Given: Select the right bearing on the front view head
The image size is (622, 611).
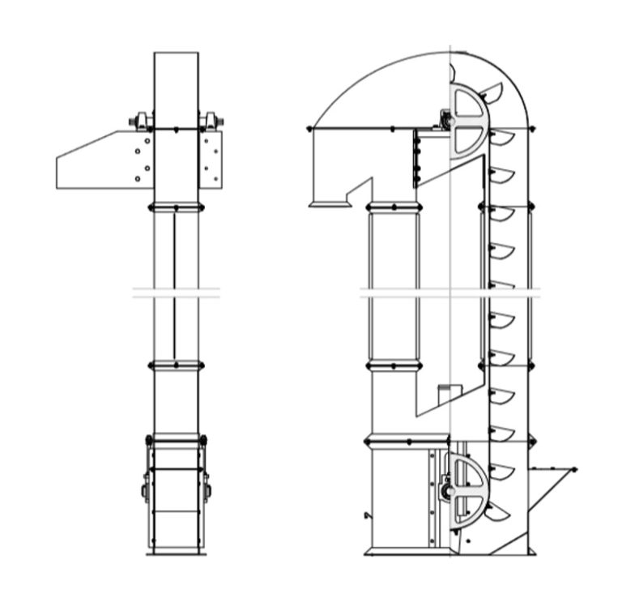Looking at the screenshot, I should pos(212,122).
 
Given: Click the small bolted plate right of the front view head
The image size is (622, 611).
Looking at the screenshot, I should pos(211,159).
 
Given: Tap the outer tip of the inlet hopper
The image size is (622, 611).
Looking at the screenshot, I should pos(575,469).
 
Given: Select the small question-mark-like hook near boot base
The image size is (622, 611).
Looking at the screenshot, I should pos(369,515).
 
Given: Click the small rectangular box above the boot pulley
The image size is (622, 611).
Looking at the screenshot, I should pos(445,395).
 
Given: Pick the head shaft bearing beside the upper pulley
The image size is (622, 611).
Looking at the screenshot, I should pos(445,122).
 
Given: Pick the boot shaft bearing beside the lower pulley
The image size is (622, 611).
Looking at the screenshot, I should pos(445,491).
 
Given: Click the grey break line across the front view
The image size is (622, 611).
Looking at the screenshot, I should pos(176,293).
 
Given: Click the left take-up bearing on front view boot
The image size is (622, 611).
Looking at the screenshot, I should pos(145,491).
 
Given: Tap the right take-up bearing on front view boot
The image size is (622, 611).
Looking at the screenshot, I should pos(207,491).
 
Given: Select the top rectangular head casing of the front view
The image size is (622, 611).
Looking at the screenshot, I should pos(176,89).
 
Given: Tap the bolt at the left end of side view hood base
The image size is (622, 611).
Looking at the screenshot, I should pos(309,128).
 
